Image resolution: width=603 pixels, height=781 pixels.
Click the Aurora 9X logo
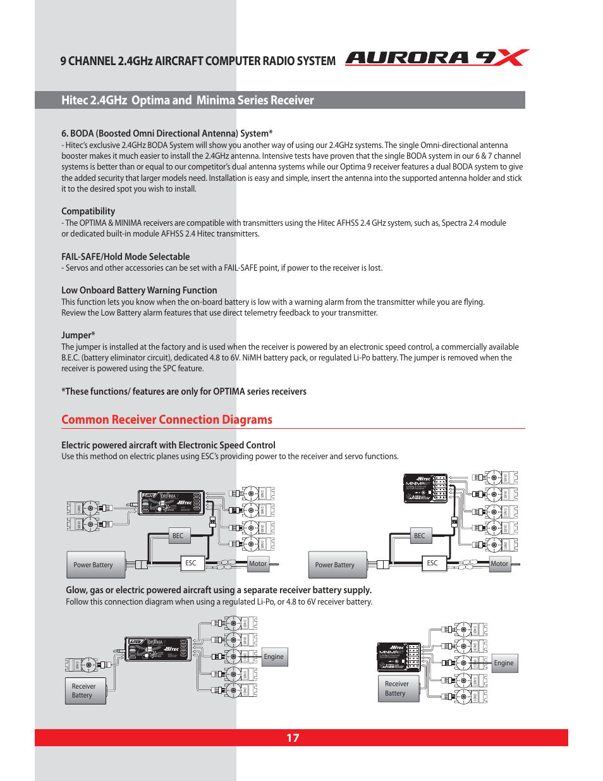437,58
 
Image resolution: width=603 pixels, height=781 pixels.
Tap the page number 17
293,738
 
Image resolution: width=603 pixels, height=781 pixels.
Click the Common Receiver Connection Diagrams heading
167,420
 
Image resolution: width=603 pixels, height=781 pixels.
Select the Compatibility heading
88,211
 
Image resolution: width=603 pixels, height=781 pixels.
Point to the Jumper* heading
78,335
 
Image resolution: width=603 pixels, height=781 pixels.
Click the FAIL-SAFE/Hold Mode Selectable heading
126,257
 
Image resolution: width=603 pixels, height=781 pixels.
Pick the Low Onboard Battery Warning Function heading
139,290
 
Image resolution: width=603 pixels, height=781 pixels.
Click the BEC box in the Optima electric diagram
178,536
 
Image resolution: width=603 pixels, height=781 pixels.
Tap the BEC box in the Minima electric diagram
420,536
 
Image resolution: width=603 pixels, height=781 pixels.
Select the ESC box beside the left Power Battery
191,563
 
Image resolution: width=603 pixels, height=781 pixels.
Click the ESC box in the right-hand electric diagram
432,563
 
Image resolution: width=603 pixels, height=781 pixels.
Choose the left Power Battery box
95,565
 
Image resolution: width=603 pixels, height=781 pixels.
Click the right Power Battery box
336,565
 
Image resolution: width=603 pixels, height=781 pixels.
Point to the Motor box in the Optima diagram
258,563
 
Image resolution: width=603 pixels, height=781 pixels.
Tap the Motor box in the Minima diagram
499,563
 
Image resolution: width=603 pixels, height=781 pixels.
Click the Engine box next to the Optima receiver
274,656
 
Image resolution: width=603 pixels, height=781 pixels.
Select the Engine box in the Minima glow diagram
504,663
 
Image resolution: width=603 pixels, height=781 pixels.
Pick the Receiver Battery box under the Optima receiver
85,691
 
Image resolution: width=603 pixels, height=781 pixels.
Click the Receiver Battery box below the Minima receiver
398,689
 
